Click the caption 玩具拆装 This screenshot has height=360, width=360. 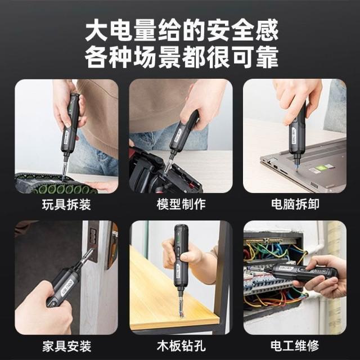[x=66, y=204]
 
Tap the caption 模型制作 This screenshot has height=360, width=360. [x=181, y=204]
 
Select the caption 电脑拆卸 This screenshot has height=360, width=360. [x=295, y=204]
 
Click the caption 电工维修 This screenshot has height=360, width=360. [x=295, y=346]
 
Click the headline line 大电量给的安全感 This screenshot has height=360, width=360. [x=182, y=30]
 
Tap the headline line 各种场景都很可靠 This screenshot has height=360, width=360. [x=181, y=57]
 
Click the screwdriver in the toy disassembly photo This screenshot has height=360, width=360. [x=69, y=133]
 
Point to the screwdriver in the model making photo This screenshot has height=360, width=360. [x=181, y=138]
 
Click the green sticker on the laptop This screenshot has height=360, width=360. [x=319, y=168]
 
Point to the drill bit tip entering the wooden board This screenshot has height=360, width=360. [x=181, y=316]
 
